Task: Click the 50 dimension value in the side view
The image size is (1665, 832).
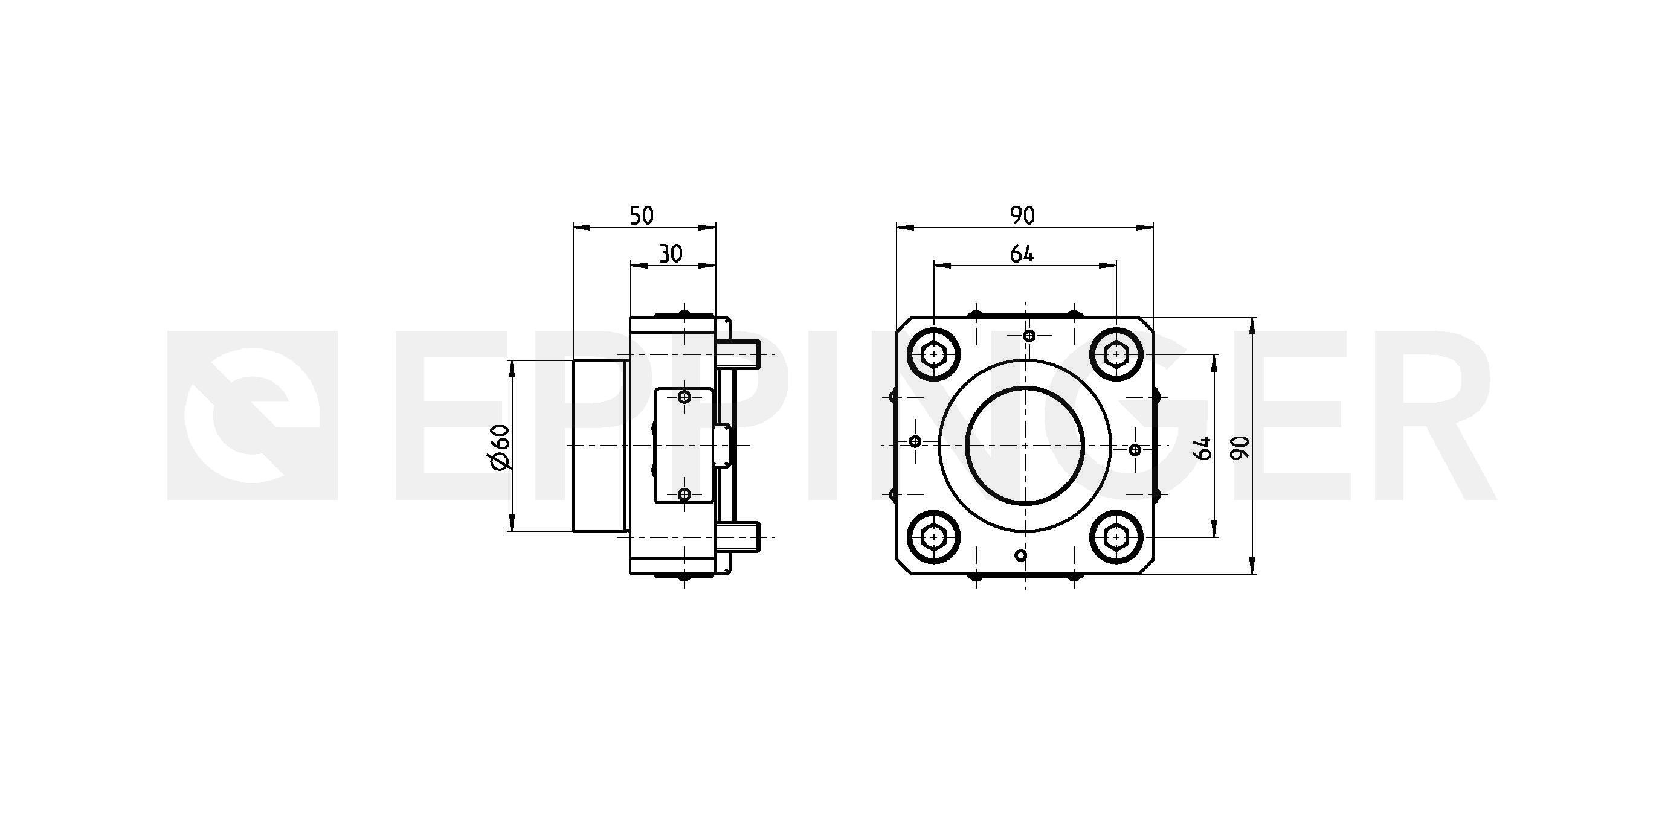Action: [x=641, y=216]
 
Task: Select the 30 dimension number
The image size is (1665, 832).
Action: [x=671, y=254]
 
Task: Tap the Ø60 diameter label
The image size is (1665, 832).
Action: [x=501, y=446]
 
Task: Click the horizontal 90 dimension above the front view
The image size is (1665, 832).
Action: [x=1023, y=216]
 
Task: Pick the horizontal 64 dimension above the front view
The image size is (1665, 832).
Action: [x=1022, y=254]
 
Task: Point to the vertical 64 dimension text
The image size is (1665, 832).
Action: [x=1203, y=447]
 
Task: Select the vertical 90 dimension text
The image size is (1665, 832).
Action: [x=1240, y=447]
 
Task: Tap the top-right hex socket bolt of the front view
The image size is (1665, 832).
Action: [x=1116, y=354]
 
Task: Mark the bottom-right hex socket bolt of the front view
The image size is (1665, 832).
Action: [x=1116, y=536]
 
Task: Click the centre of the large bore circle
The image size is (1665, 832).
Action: [x=1025, y=446]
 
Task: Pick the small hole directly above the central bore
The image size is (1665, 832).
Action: [x=1030, y=336]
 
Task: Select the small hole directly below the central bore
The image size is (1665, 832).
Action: [x=1020, y=555]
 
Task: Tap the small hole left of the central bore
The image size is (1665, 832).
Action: [x=915, y=441]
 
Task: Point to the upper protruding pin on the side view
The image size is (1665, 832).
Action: [x=739, y=354]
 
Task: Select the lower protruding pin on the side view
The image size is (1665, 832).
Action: [x=739, y=536]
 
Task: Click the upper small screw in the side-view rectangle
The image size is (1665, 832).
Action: [x=685, y=397]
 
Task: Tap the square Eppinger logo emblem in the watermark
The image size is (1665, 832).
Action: [x=253, y=415]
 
